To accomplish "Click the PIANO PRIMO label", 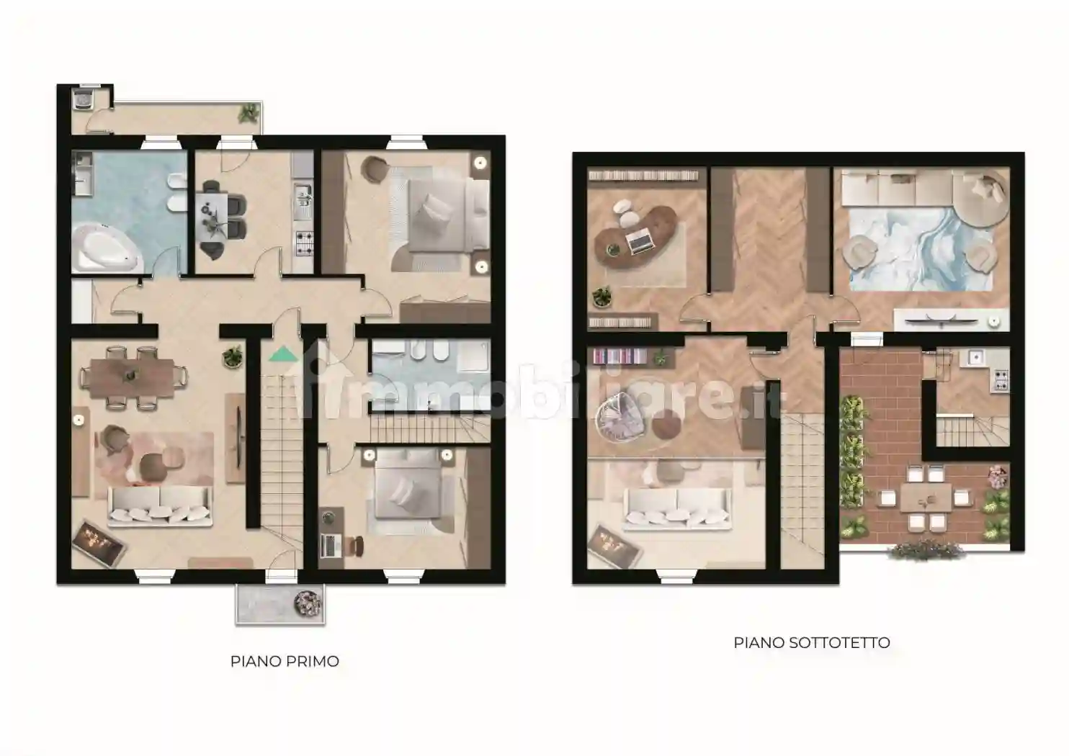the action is pos(285,662).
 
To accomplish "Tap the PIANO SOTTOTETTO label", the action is pos(812,642).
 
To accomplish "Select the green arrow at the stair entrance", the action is pos(283,354).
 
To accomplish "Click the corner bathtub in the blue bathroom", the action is pos(108,247).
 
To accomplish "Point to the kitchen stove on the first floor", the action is pos(304,243).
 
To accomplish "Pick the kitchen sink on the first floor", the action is pos(303,196).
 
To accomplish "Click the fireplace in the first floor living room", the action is pos(99,543).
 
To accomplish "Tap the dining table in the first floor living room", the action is pos(133,377).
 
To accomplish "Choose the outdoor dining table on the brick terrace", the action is pos(926,499).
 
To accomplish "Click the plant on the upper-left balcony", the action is pos(249,114).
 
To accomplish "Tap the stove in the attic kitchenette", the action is pos(1002,380).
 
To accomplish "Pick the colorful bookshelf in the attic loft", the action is pos(620,356).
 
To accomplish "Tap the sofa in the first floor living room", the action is pos(160,507).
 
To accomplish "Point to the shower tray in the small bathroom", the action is pos(473,356).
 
